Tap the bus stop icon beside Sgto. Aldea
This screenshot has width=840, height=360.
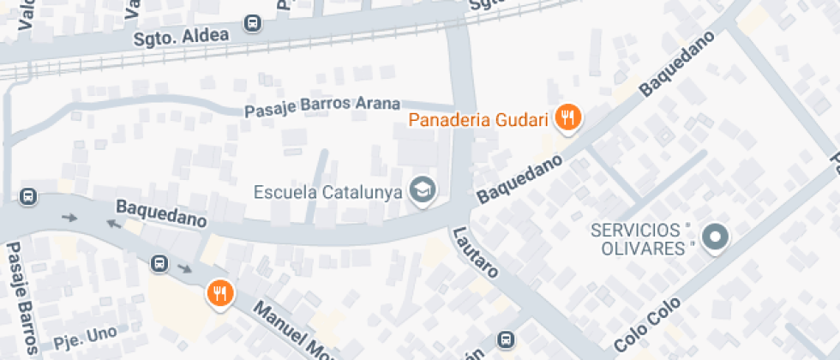[x=252, y=24]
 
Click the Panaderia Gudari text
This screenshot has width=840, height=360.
[x=477, y=120]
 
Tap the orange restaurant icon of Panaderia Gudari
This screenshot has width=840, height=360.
[x=567, y=117]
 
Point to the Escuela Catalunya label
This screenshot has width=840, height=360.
[x=328, y=191]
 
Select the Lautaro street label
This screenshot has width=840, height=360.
[x=477, y=253]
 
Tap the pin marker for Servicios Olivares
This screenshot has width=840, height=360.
[x=714, y=237]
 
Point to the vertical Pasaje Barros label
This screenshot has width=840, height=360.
[x=21, y=299]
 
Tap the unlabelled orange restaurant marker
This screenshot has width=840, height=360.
[x=220, y=293]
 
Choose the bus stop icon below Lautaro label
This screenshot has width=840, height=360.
[x=507, y=340]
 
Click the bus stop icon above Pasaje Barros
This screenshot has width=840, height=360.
[x=28, y=196]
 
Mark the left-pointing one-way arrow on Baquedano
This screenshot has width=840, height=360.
[x=112, y=224]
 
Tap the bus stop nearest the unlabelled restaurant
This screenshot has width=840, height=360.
[x=159, y=262]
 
